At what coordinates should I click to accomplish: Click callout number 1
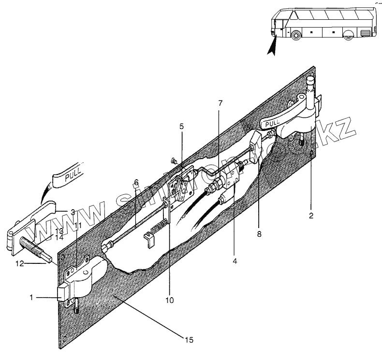tap(31, 298)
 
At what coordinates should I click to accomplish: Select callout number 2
tap(312, 216)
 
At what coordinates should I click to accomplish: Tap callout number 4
tap(235, 261)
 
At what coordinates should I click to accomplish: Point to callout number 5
tap(181, 126)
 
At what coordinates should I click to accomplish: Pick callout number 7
tap(220, 103)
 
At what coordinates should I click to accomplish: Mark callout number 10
tap(169, 299)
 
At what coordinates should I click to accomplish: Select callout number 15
tap(189, 340)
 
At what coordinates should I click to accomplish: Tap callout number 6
tap(136, 182)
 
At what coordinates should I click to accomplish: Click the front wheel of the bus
tap(295, 35)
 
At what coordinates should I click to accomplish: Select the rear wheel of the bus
tap(349, 35)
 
